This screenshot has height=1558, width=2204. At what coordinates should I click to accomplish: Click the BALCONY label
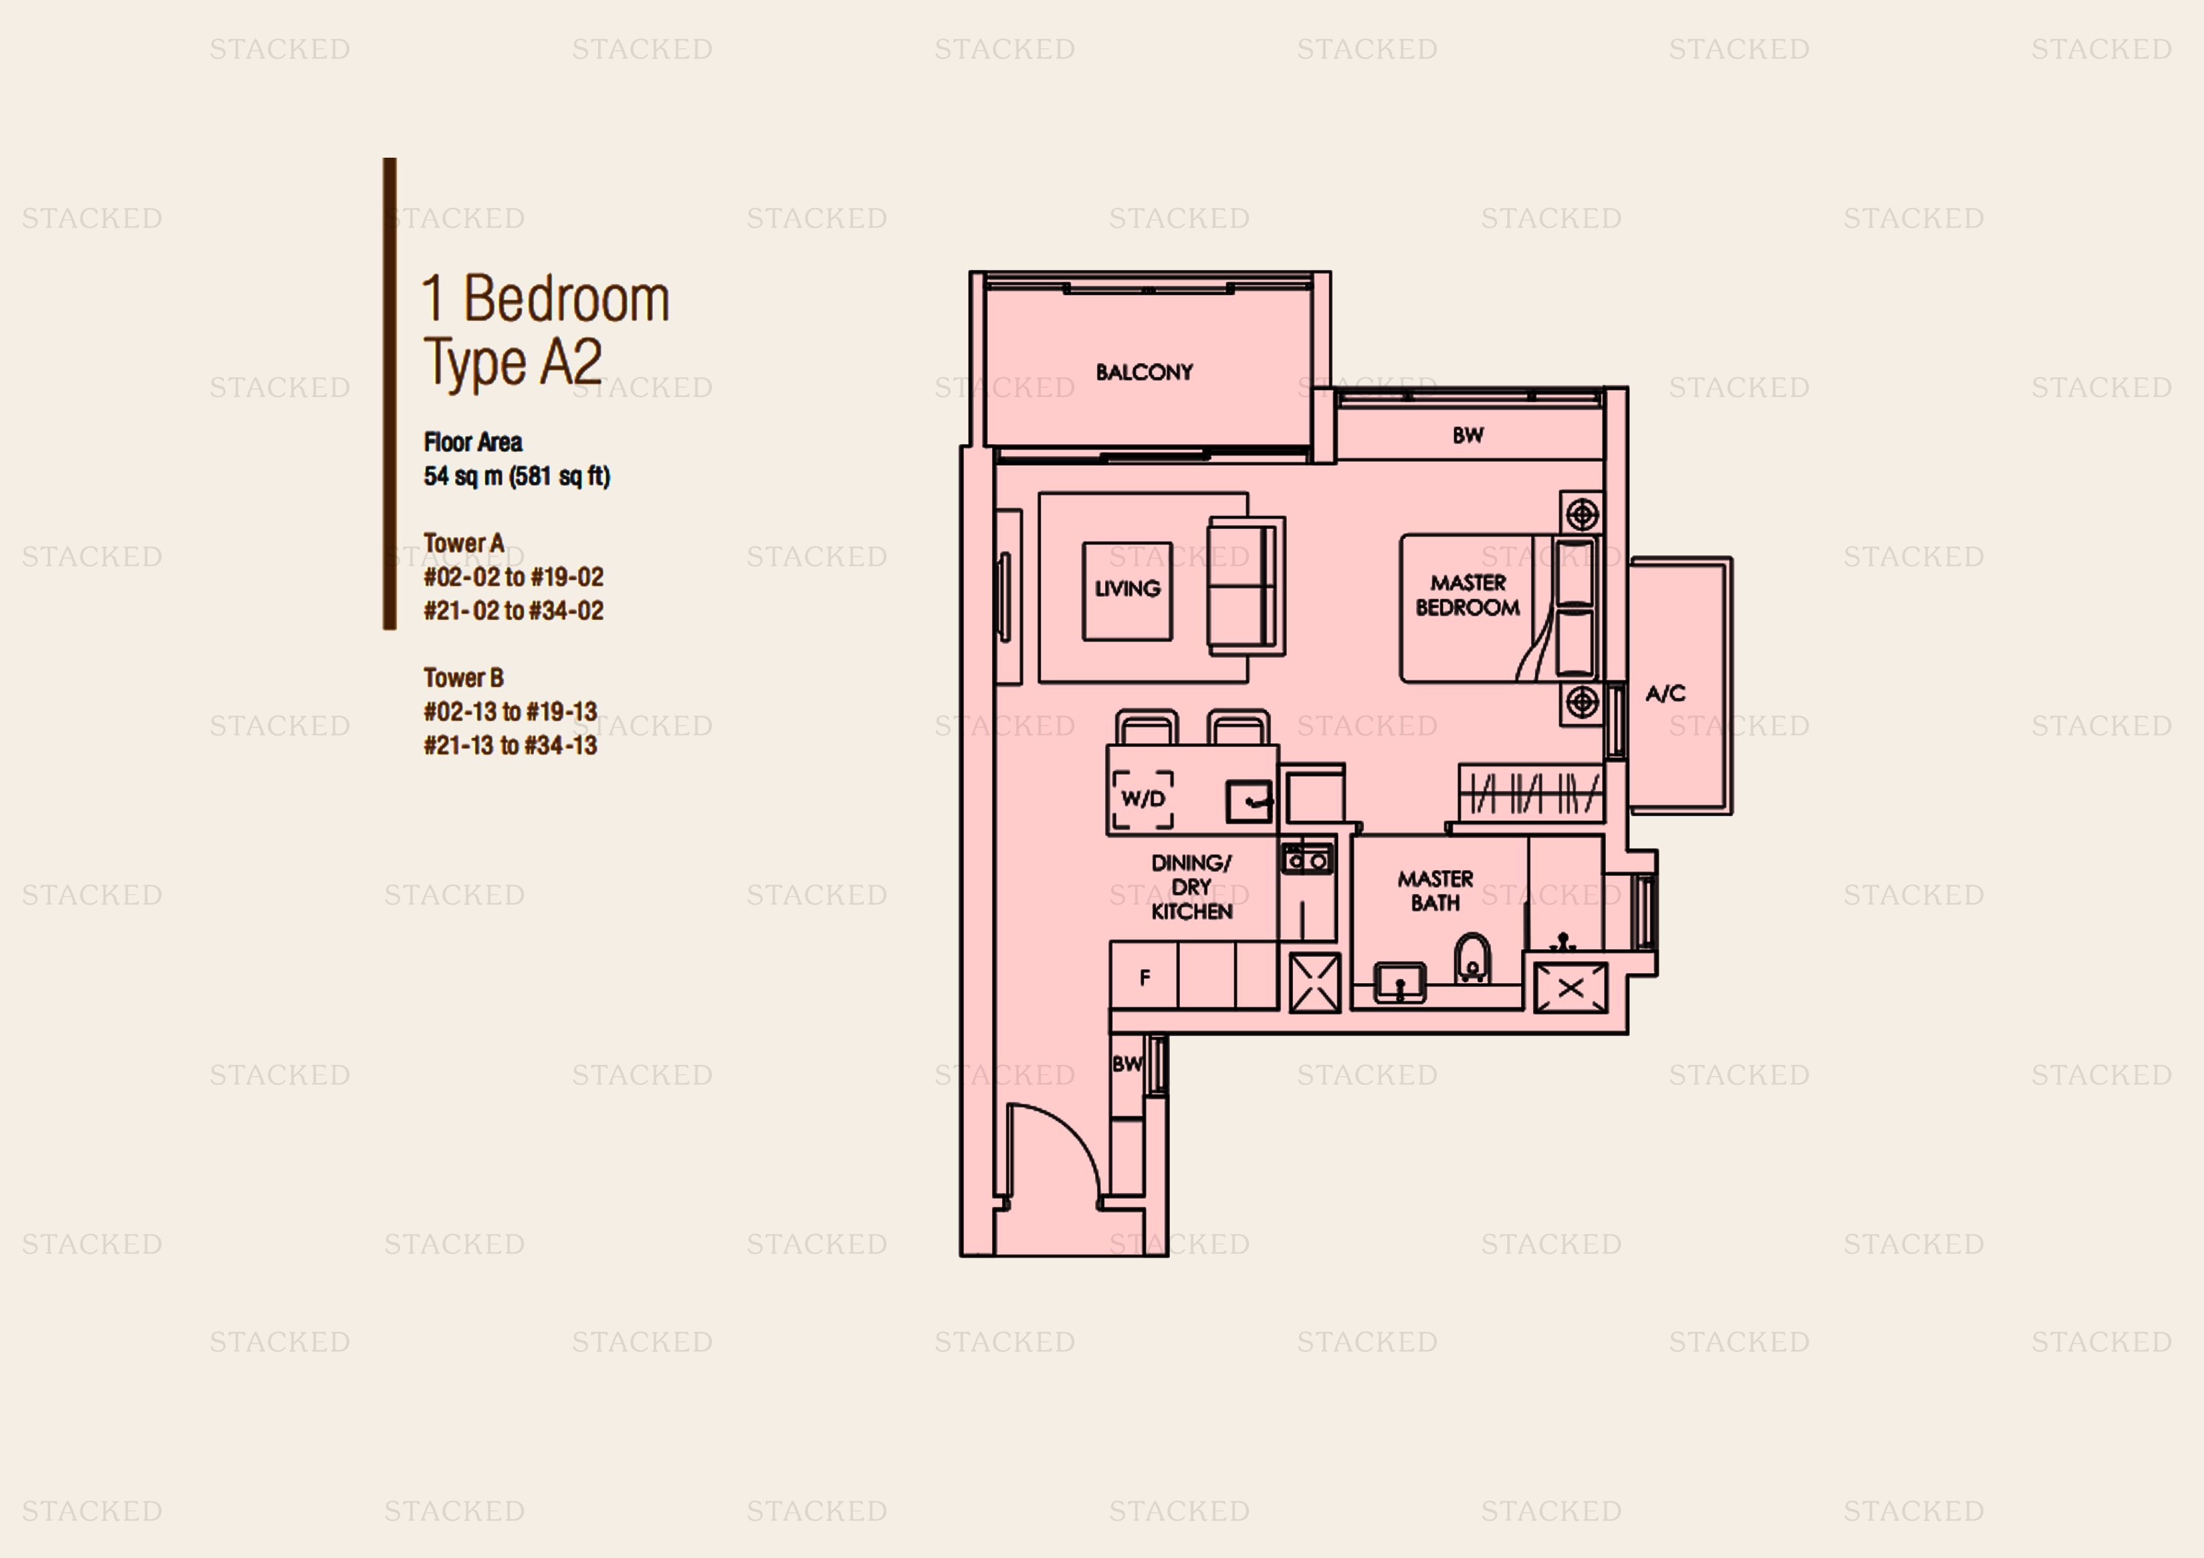(1144, 371)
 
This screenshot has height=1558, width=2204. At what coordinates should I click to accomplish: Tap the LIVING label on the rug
(1127, 589)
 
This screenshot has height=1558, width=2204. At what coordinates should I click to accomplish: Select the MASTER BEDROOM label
(1468, 595)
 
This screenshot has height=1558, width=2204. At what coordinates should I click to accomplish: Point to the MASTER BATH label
(1435, 891)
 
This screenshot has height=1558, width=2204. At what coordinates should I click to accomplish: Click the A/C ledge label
(1666, 693)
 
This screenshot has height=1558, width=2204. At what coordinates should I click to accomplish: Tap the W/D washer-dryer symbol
(1142, 798)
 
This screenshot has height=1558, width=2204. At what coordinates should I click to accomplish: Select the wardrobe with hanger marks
(1530, 793)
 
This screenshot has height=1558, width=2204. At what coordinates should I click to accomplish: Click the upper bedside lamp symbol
(1582, 515)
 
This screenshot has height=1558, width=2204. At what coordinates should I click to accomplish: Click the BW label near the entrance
(1127, 1064)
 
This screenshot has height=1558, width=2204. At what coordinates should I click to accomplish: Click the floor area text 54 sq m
(464, 476)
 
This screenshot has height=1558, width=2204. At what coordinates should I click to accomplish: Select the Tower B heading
(464, 678)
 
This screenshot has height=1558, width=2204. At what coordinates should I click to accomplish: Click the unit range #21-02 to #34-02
(513, 611)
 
